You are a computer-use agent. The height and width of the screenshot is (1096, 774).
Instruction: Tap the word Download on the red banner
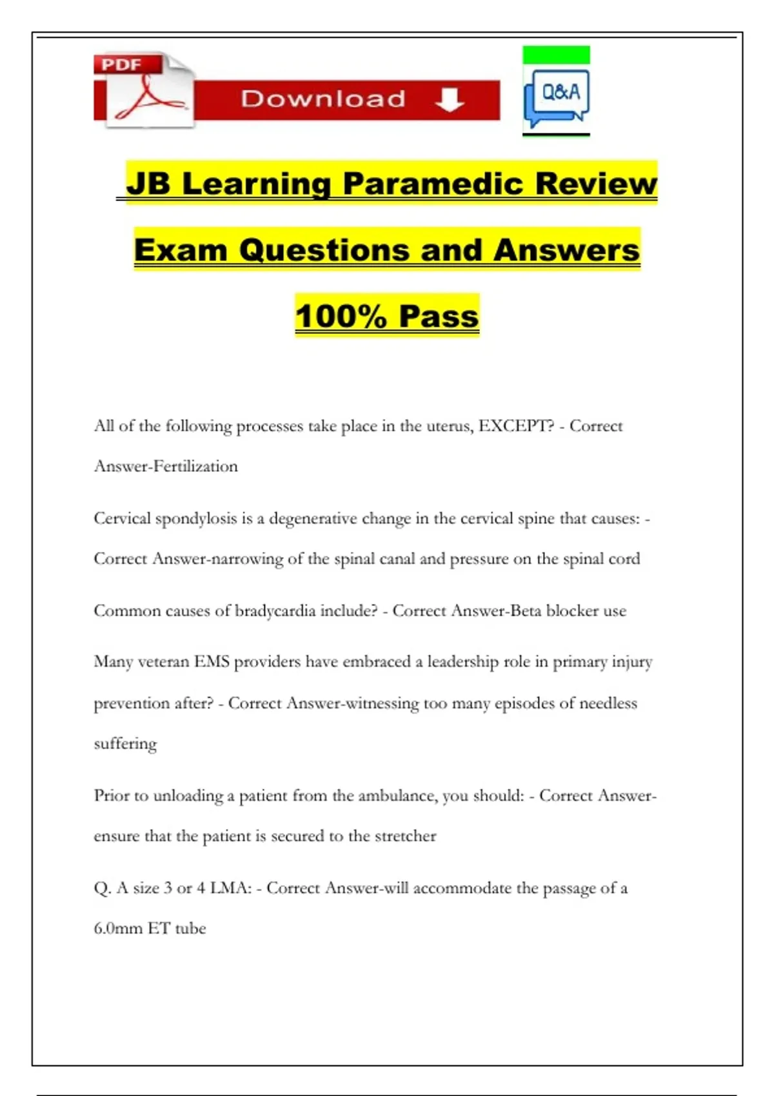[x=323, y=99]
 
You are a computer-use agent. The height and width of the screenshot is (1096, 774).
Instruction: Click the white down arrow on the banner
[x=450, y=99]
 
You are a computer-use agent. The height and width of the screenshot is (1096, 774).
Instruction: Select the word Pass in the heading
[x=439, y=317]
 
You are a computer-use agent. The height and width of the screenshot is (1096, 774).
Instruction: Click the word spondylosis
[x=196, y=519]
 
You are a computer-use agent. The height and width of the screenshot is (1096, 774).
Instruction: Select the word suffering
[x=125, y=744]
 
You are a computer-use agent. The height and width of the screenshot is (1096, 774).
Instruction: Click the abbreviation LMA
[x=230, y=888]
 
